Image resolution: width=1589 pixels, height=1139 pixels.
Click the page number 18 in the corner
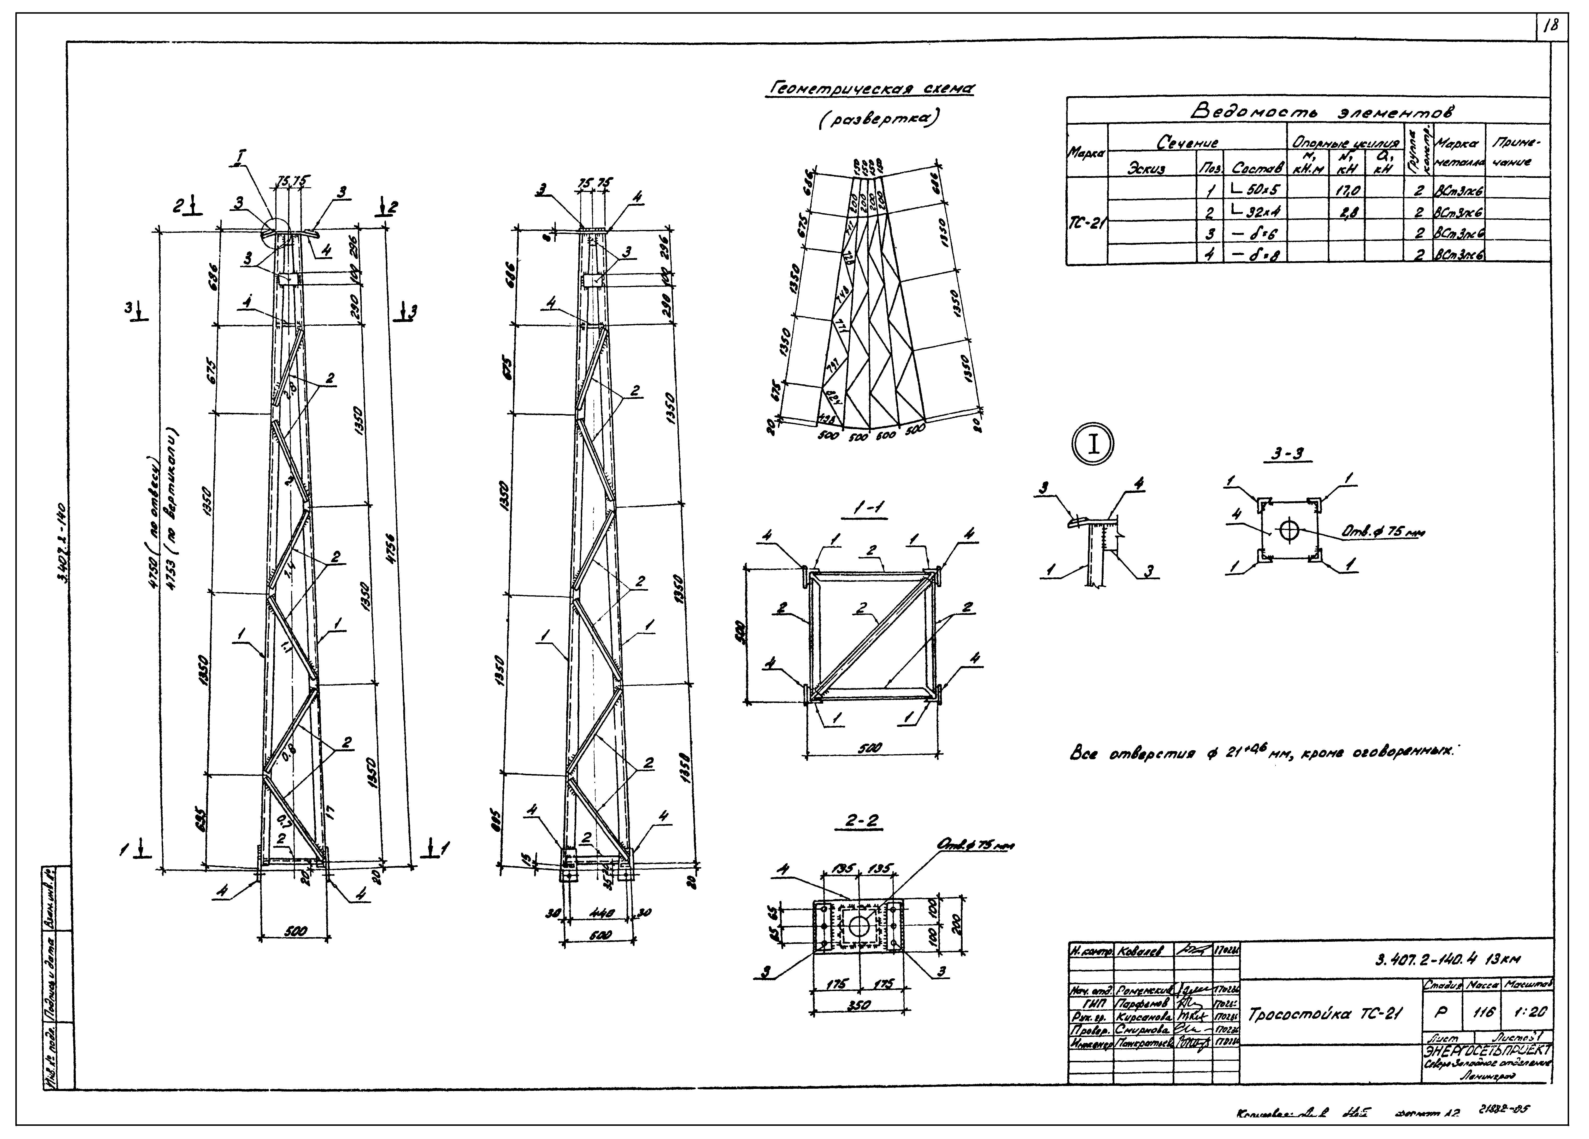coord(1550,27)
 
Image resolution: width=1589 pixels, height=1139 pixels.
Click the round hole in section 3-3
coord(1288,530)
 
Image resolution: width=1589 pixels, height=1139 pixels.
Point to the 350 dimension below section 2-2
coord(858,1005)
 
